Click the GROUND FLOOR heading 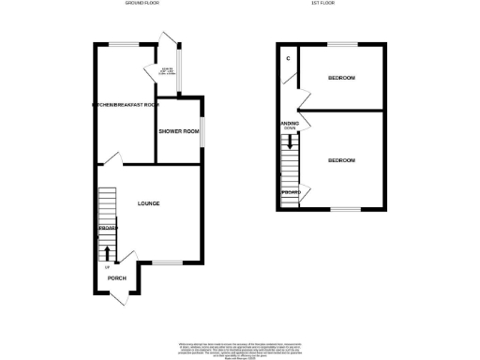(x=142, y=4)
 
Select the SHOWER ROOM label (x=179, y=131)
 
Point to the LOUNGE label (x=148, y=202)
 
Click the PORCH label (x=117, y=278)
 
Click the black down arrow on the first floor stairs (x=291, y=143)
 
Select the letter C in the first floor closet (x=289, y=58)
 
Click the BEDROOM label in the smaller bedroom (x=342, y=77)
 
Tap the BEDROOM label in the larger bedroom (x=342, y=160)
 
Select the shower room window (x=202, y=132)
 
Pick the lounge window (x=168, y=263)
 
